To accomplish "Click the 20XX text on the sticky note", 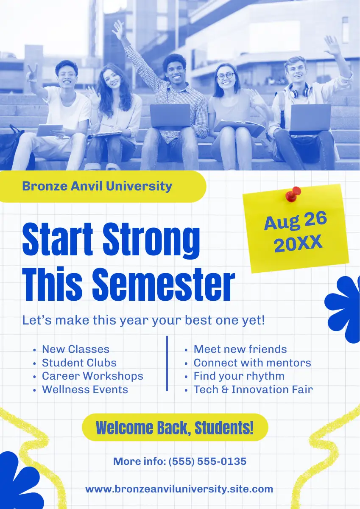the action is tap(298, 243).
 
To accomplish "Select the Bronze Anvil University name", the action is tap(97, 186).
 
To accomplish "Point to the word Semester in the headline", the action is tap(164, 285).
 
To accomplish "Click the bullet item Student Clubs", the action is tap(79, 363).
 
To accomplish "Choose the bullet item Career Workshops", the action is tap(93, 376).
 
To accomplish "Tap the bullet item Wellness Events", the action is tap(85, 389).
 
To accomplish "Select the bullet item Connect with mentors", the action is tap(252, 363).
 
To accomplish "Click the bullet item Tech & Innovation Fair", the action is tap(253, 389).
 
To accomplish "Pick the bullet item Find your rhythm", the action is tap(239, 376).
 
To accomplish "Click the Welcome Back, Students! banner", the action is tap(175, 428).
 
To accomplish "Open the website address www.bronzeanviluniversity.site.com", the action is tap(179, 489).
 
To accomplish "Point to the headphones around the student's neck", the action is tap(300, 91).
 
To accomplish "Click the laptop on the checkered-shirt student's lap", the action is tap(170, 116).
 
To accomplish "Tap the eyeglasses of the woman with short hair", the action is tap(226, 76).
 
